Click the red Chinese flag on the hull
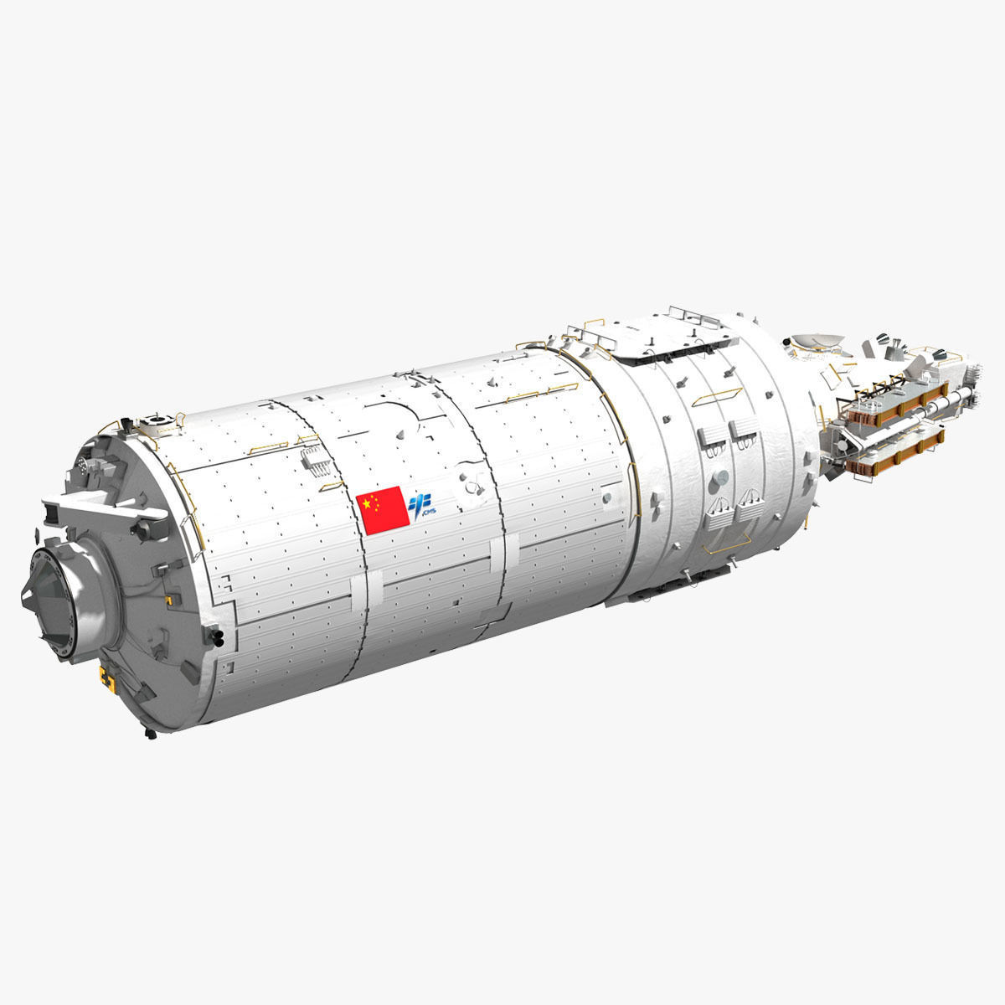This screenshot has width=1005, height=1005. [383, 508]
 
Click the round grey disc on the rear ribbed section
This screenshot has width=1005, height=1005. [718, 477]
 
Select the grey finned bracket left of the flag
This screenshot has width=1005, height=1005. [312, 460]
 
